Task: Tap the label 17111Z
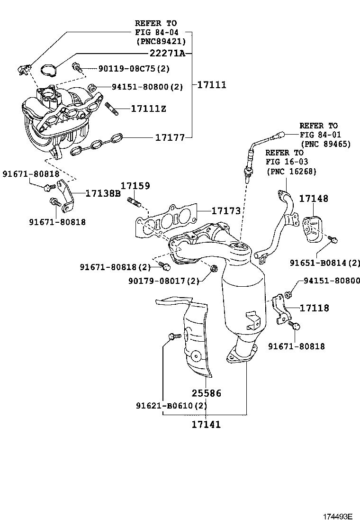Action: point(148,109)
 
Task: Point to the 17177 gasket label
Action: point(170,137)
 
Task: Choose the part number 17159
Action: point(135,186)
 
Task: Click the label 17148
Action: point(313,199)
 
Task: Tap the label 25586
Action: point(207,393)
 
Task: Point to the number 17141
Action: point(206,424)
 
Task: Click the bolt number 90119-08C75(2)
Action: point(134,69)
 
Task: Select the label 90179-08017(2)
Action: point(164,281)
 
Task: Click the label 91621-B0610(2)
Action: point(171,406)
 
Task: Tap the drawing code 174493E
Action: point(338,516)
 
